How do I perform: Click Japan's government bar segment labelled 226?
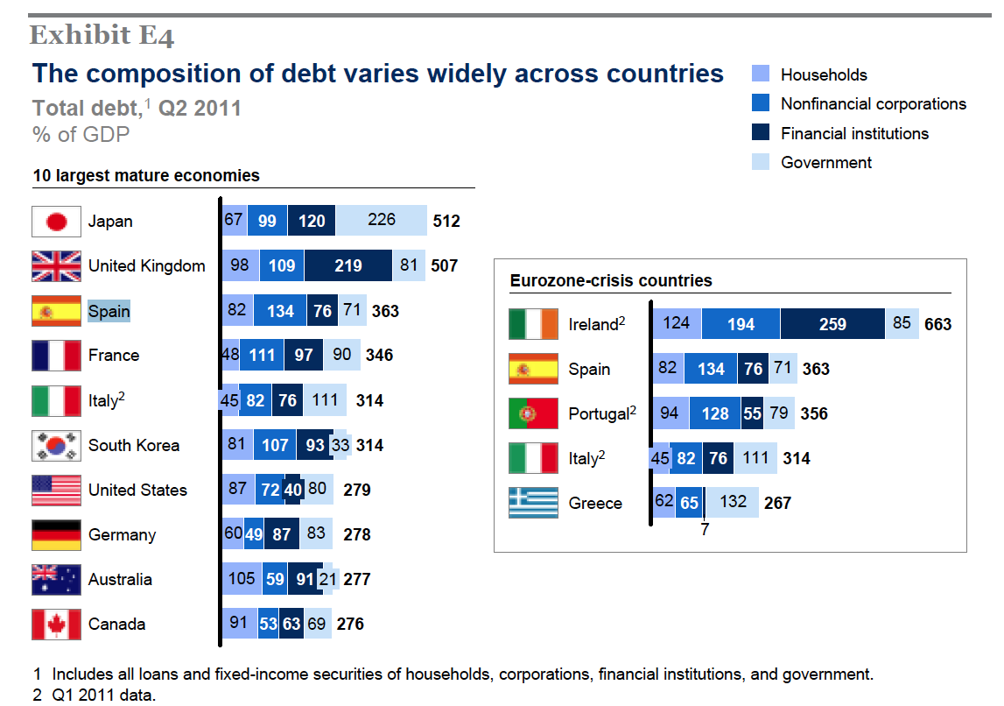tap(382, 221)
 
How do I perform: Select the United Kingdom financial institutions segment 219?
tap(348, 265)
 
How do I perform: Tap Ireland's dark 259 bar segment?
tap(832, 324)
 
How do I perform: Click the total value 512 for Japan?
tap(446, 222)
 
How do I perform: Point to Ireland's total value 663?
tap(937, 324)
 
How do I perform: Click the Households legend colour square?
tap(761, 74)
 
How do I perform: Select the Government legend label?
tap(826, 162)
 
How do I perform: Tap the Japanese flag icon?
tap(56, 222)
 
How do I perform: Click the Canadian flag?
tap(56, 625)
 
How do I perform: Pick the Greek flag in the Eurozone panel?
tap(533, 503)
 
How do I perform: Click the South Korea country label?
tap(134, 445)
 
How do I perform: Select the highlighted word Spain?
tap(109, 311)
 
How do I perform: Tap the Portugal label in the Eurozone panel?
tap(599, 413)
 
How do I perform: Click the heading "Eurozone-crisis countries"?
tap(611, 281)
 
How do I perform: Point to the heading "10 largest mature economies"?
tap(146, 175)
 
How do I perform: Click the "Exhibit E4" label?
tap(102, 36)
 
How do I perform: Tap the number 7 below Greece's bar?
tap(705, 530)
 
